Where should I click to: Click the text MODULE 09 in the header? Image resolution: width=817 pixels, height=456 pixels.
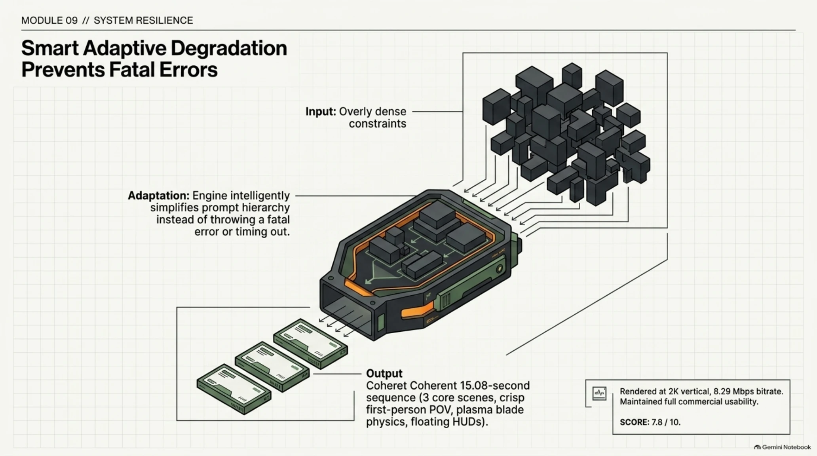(x=49, y=21)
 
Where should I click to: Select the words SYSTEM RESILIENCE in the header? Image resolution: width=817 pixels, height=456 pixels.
(x=143, y=21)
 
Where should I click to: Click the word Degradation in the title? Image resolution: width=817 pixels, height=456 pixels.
(x=229, y=48)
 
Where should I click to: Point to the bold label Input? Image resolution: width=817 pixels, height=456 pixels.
(x=321, y=112)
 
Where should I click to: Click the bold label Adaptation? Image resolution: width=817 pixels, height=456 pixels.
(x=159, y=196)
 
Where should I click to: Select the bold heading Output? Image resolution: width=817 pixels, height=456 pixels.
(x=384, y=374)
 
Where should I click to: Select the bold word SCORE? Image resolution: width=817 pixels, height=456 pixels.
(x=635, y=422)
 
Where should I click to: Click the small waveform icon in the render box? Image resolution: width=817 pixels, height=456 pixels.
(x=599, y=393)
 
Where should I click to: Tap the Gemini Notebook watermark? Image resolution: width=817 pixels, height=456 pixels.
(x=783, y=447)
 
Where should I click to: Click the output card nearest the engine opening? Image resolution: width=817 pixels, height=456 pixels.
(x=311, y=344)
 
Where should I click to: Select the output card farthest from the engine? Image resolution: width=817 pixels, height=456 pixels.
(x=234, y=389)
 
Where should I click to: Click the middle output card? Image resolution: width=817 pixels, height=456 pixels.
(x=272, y=367)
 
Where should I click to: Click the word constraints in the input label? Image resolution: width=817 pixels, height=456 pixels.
(x=377, y=124)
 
